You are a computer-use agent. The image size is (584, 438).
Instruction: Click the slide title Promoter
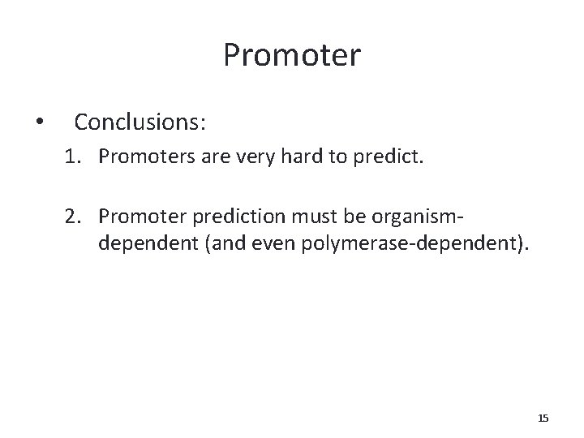coord(292,56)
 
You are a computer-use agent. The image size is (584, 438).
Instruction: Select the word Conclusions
coord(140,122)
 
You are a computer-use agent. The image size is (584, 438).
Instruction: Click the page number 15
coord(543,418)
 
